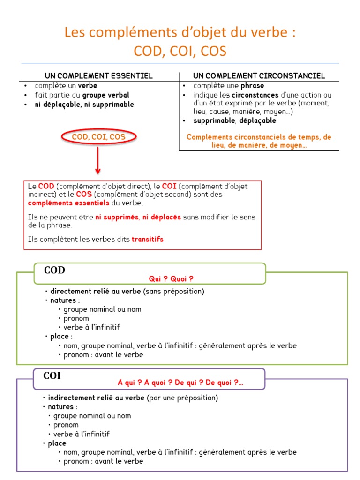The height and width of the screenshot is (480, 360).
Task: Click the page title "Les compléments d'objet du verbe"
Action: click(x=180, y=33)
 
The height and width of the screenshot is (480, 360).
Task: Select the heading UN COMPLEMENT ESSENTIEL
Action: click(x=98, y=76)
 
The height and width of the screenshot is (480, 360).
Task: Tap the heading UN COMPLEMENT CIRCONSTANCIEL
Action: click(x=259, y=76)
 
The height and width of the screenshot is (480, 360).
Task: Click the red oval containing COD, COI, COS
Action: click(x=98, y=137)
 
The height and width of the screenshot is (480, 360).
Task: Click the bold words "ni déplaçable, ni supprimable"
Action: click(x=84, y=105)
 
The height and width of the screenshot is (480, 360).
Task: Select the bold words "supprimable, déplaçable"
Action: click(x=235, y=120)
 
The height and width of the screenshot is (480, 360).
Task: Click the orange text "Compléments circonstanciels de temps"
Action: click(x=259, y=137)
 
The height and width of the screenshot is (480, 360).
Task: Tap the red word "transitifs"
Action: click(x=148, y=239)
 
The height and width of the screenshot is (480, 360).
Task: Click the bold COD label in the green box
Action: click(x=54, y=270)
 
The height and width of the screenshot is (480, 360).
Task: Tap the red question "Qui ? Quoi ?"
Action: click(x=171, y=279)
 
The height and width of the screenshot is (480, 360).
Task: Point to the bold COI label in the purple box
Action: click(x=52, y=376)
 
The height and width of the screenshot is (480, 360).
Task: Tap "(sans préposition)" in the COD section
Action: click(x=174, y=292)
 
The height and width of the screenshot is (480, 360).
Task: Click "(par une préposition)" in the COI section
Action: click(x=182, y=398)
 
